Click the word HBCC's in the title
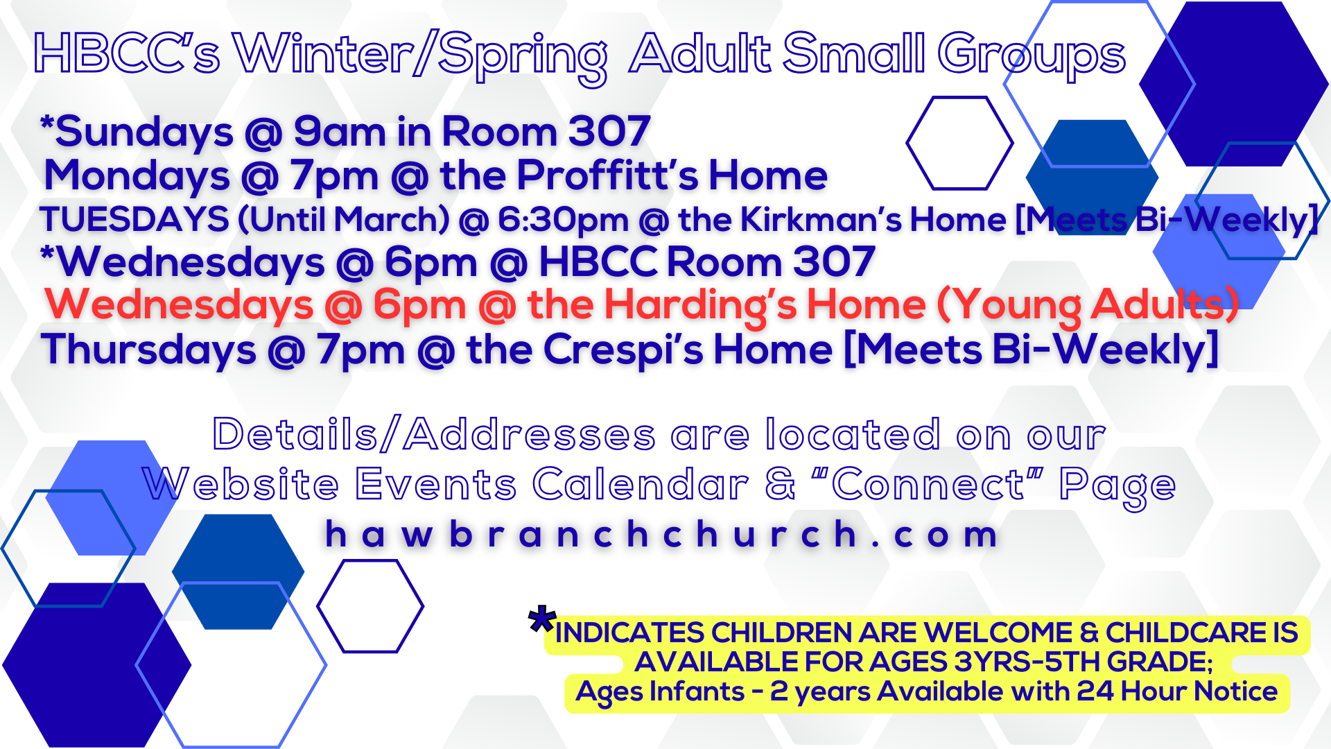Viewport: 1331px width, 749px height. (127, 53)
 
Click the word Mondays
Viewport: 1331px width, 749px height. (137, 175)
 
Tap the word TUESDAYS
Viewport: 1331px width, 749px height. (134, 220)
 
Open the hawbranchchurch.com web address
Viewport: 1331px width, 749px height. (662, 535)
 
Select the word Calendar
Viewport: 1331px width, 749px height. (641, 483)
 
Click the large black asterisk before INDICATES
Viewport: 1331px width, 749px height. (541, 619)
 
